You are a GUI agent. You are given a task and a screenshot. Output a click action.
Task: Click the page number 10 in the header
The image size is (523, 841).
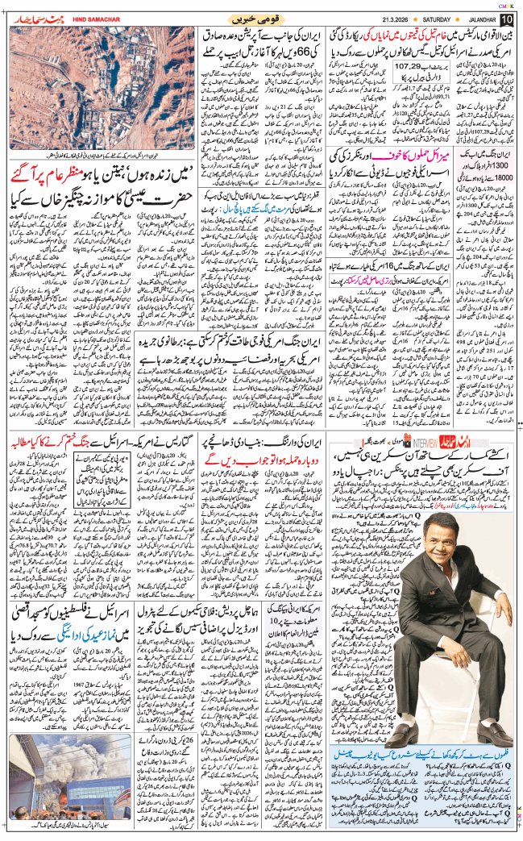pos(506,19)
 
